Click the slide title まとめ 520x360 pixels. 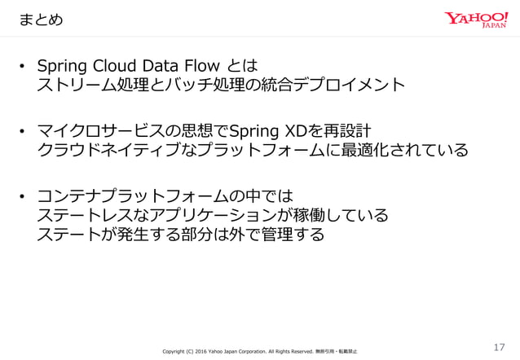[x=41, y=17]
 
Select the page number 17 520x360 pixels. [x=500, y=348]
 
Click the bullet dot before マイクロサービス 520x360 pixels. [x=24, y=131]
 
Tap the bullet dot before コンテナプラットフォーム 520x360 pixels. [x=24, y=196]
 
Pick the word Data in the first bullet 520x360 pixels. [x=164, y=66]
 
